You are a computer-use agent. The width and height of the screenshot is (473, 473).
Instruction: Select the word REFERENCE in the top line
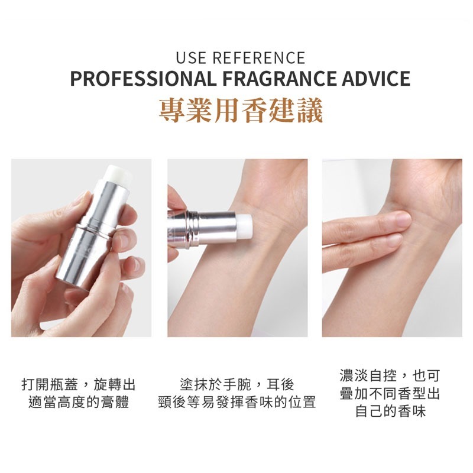[259, 58]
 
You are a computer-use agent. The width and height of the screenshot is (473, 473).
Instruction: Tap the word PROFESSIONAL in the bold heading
[143, 79]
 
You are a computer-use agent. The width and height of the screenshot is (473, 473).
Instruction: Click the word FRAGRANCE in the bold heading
[279, 79]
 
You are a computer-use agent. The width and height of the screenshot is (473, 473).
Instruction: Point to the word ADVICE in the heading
[376, 79]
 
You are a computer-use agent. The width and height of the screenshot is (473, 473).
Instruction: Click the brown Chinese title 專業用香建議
[241, 111]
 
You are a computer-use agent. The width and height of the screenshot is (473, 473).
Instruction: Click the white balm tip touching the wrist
[245, 225]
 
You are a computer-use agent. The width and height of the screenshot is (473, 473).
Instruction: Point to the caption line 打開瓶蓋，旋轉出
[79, 385]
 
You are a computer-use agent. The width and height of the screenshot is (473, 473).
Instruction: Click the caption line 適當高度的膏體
[79, 402]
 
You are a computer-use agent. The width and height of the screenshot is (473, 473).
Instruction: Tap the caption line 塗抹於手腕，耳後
[237, 385]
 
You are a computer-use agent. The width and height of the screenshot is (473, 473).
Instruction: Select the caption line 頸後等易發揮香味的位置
[237, 402]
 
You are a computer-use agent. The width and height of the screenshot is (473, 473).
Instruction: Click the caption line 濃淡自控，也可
[390, 376]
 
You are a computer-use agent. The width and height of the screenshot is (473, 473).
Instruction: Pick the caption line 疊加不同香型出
[390, 393]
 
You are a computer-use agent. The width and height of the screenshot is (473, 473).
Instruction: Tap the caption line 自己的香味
[390, 411]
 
